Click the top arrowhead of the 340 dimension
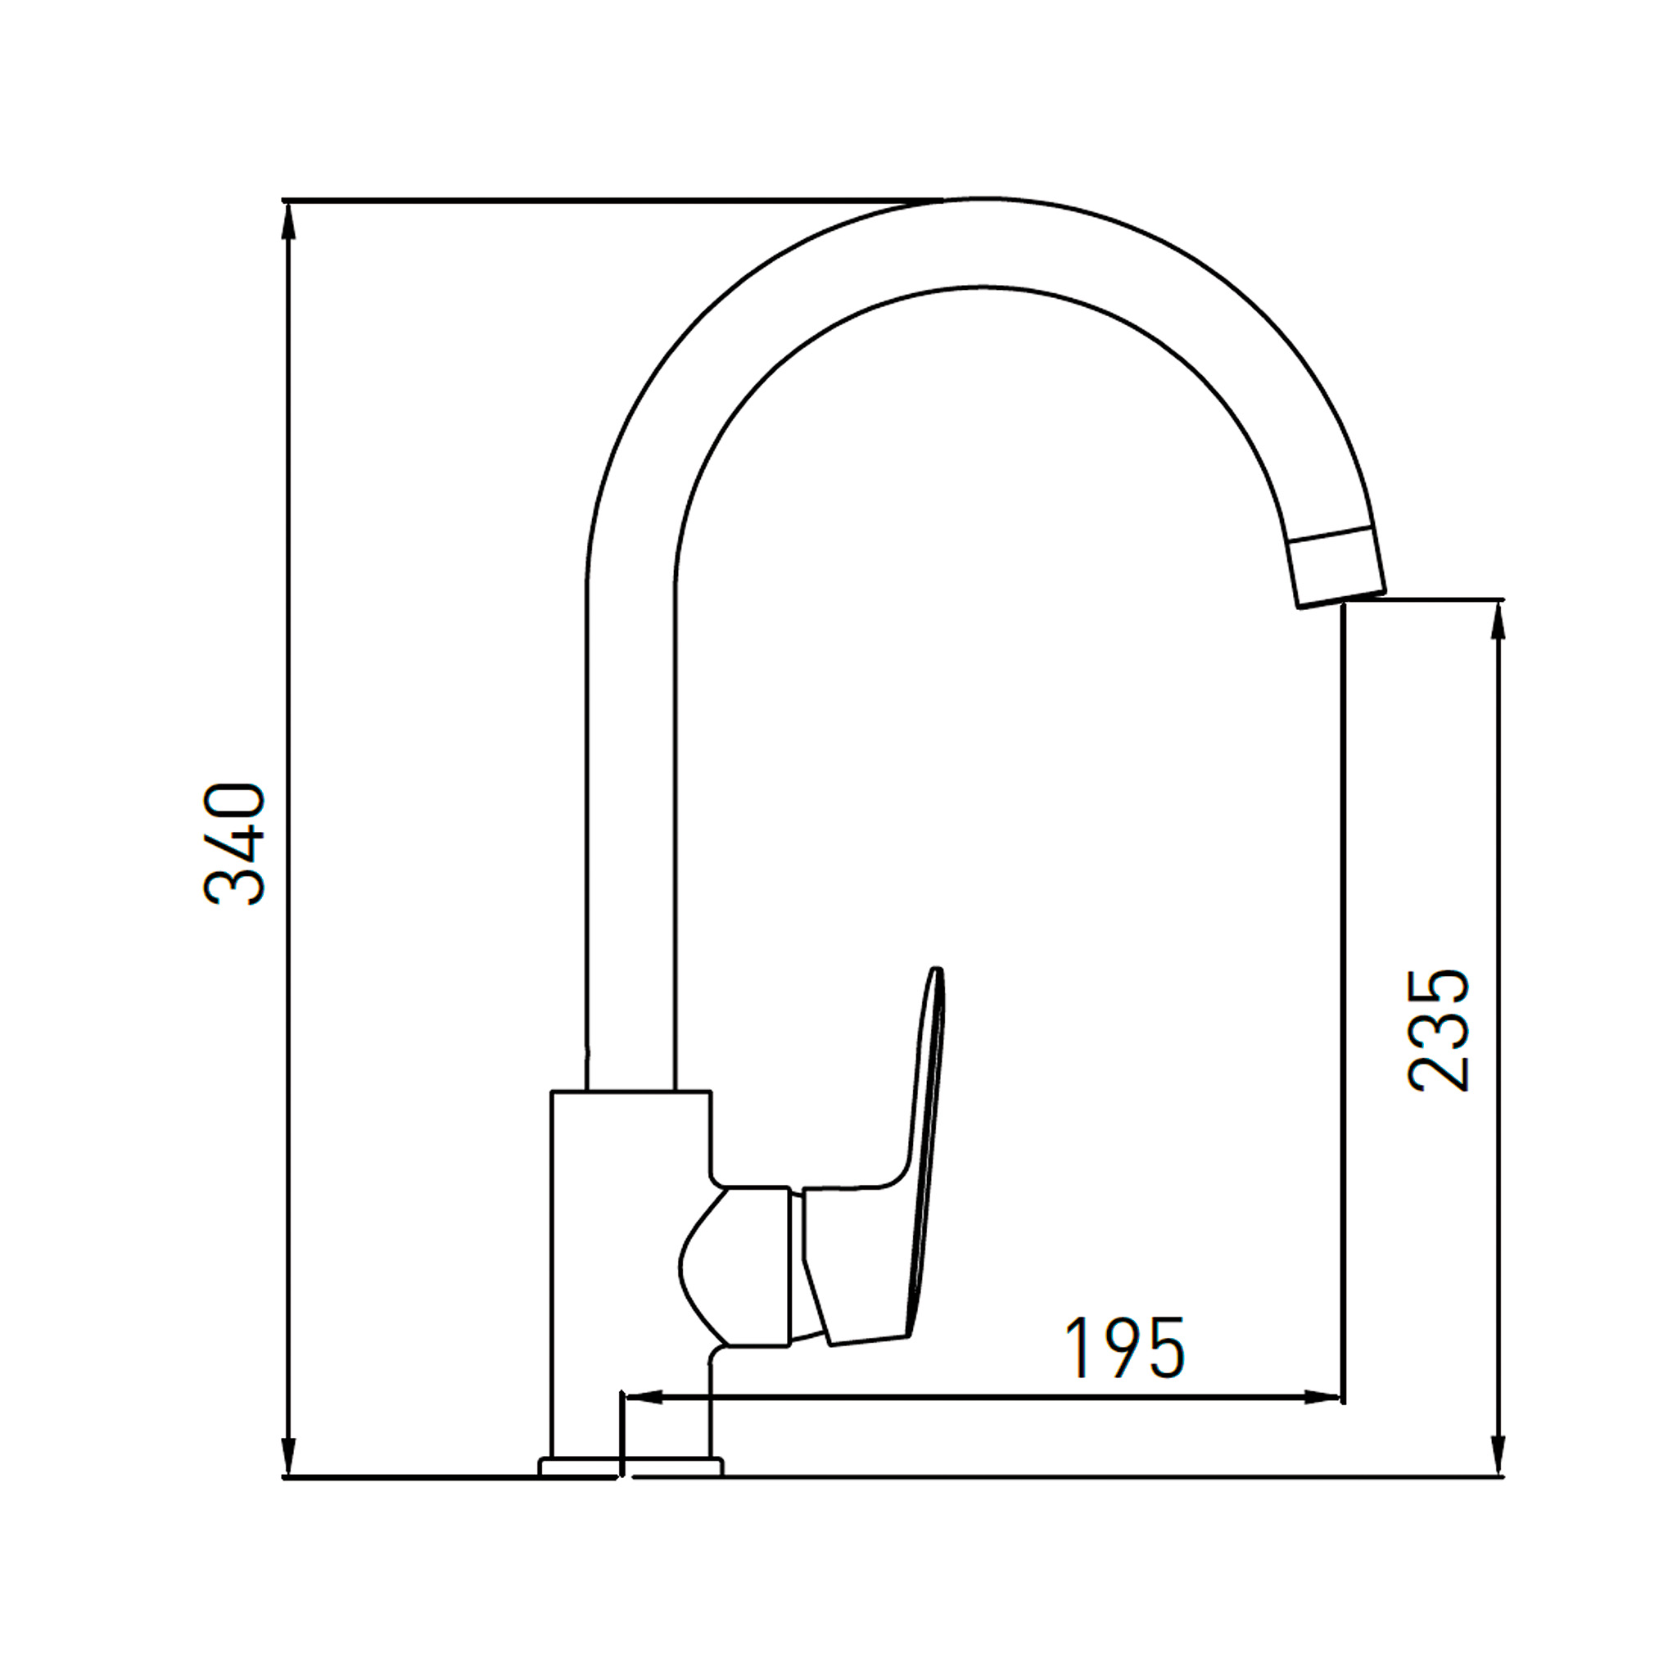click(290, 220)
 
